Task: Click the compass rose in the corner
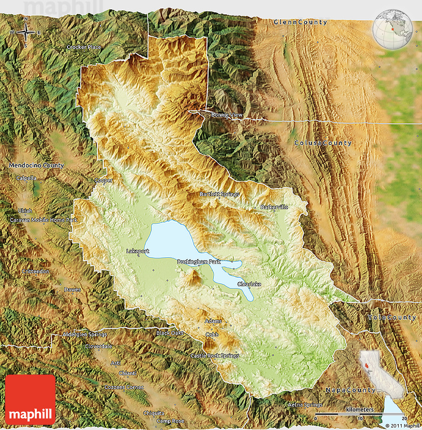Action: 25,33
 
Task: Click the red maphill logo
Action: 30,399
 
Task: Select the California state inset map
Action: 370,363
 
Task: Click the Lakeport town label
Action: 138,251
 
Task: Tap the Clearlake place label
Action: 249,284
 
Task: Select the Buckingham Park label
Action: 199,261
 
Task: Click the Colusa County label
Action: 323,143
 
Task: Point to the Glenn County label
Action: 300,22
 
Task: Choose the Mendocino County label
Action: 36,165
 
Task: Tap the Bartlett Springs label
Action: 219,194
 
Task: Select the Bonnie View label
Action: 227,115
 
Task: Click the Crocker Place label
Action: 84,47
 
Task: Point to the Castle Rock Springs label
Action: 214,356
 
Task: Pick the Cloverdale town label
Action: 98,346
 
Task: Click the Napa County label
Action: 350,390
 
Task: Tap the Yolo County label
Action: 392,317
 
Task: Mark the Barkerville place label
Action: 274,207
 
